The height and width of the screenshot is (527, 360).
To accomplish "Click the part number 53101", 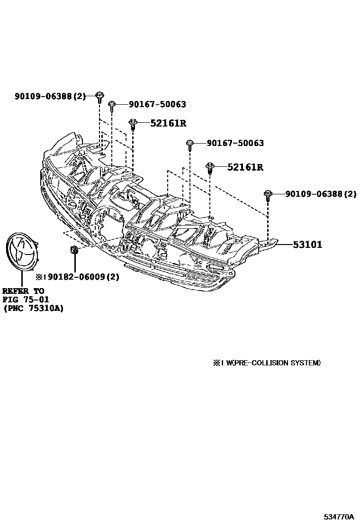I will coord(307,245).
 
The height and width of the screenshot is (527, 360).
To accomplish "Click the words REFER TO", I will coord(23,291).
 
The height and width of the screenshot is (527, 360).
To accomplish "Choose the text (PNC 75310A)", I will coord(33,308).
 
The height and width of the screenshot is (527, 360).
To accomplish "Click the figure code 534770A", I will coord(339,516).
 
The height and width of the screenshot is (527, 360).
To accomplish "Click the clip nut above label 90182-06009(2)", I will coord(74,250).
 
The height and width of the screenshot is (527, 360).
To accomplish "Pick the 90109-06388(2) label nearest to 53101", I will coord(321,194).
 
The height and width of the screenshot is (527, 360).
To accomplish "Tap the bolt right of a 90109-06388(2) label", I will coord(99,97).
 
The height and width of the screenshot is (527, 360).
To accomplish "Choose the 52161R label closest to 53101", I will coord(245,167).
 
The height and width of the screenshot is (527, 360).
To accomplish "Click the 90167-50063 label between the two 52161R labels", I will coord(235,143).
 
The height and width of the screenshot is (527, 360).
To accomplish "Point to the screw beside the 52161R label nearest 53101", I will coord(210,167).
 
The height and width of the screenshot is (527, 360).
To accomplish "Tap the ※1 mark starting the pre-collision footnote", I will coord(217,363).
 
